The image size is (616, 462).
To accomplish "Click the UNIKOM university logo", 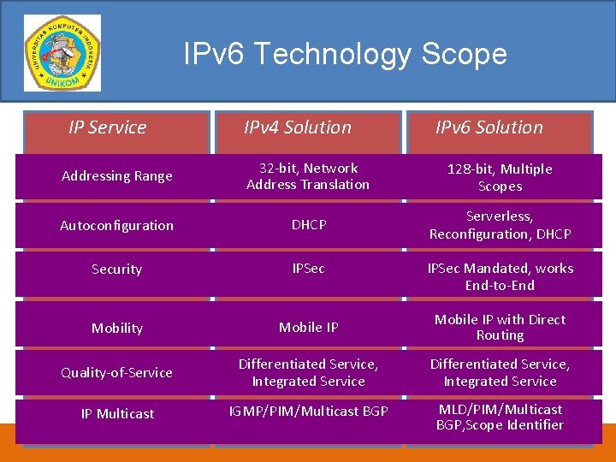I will [62, 53].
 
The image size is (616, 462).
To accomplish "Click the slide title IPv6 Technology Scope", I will [345, 55].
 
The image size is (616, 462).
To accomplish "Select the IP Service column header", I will [108, 127].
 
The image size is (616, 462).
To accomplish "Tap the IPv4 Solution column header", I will [298, 127].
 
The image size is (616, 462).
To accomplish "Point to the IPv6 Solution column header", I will [489, 127].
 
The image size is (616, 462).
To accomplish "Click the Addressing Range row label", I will [117, 176].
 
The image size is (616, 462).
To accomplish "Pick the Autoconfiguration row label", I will [116, 226].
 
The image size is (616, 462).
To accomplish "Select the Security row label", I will [116, 269].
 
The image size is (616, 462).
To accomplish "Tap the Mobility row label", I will [117, 329].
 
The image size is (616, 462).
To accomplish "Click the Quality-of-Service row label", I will [116, 373].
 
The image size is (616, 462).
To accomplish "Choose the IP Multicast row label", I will [117, 414].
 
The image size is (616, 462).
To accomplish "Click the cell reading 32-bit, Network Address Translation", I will [308, 176].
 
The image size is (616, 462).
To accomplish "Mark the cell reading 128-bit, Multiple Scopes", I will [500, 178].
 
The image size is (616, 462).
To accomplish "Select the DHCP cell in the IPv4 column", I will [309, 225].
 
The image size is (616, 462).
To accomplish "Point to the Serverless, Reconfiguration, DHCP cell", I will [500, 225].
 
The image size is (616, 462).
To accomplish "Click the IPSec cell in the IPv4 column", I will [308, 269].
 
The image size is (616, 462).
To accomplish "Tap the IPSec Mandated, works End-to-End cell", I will [500, 276].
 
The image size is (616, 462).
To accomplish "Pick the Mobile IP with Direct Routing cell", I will [500, 328].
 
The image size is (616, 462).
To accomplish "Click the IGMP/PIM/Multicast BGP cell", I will [308, 412].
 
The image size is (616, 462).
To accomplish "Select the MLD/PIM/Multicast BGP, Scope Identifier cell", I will [500, 417].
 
